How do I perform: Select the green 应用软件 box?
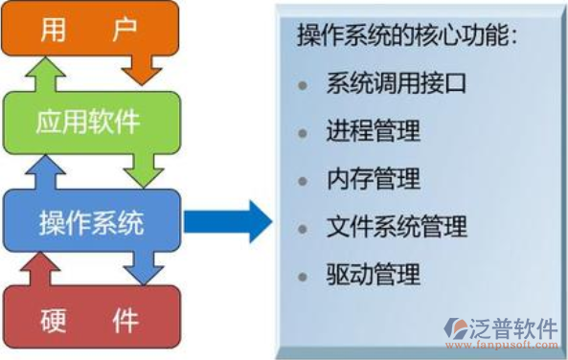[91, 122]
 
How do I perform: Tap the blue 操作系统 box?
[91, 224]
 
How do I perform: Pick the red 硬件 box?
[91, 320]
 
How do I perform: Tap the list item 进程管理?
[373, 130]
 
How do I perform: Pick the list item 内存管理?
[373, 178]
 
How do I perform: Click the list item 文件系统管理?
[396, 227]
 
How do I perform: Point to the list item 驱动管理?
[373, 276]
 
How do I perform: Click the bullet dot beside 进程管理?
[304, 131]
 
